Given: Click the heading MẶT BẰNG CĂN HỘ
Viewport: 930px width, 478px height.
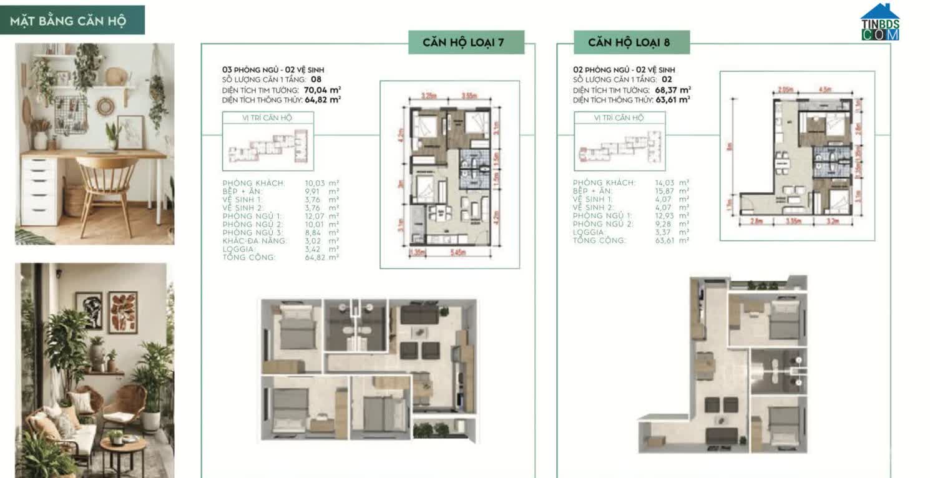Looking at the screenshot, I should click(x=68, y=21).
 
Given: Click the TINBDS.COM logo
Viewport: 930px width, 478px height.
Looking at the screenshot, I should click(x=880, y=23).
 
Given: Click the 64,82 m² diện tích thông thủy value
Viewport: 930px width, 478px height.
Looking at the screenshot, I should click(x=326, y=99).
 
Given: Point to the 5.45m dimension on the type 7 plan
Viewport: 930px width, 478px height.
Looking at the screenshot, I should click(x=463, y=253).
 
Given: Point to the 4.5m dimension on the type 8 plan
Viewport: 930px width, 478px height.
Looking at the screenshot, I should click(x=825, y=89).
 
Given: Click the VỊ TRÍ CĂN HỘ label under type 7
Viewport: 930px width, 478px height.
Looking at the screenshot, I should click(x=267, y=117).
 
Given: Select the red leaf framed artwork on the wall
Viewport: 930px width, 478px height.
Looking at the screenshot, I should click(x=122, y=312).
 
